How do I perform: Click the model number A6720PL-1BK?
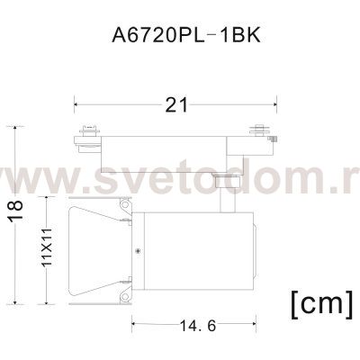tap(179, 40)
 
